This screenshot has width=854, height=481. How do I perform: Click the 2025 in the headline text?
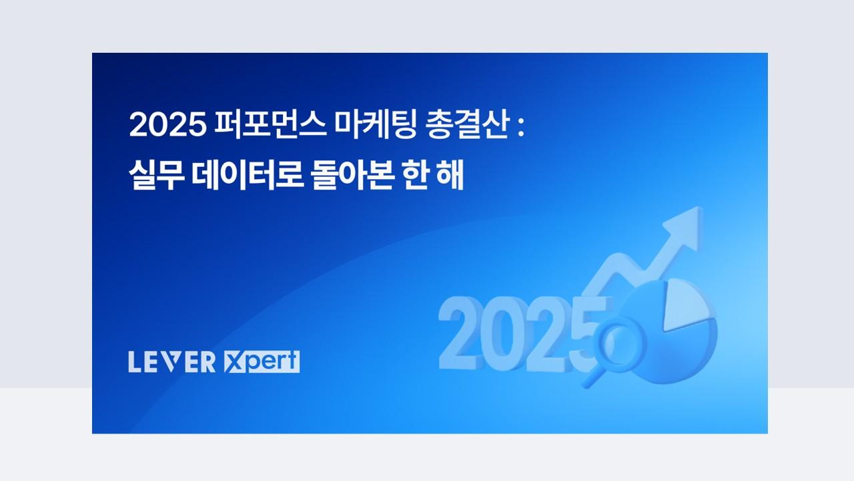click(x=167, y=125)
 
